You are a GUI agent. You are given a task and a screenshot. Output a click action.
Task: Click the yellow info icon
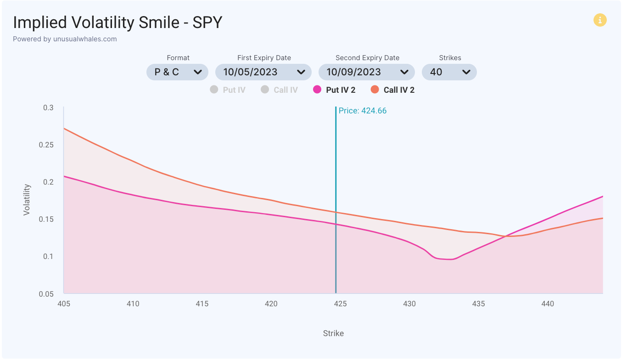click(600, 20)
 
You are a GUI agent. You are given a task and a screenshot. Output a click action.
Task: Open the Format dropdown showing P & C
click(177, 72)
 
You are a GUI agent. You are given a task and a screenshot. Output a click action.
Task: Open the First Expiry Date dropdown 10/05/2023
click(263, 72)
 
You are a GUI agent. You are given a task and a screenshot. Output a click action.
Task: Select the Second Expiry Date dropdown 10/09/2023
click(367, 72)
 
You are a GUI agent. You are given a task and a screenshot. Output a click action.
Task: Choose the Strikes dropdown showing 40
click(449, 72)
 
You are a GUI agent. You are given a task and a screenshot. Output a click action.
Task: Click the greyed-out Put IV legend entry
click(228, 90)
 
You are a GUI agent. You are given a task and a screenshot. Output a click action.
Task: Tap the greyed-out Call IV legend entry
click(279, 90)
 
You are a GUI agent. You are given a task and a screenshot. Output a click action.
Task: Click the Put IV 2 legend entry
click(334, 90)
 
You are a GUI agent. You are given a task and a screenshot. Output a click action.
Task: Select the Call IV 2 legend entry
click(392, 90)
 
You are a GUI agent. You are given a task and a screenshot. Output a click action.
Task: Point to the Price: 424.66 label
click(363, 111)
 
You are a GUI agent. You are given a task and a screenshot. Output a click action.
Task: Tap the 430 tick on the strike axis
click(409, 304)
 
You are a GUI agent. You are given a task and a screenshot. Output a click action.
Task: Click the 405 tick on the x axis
click(64, 304)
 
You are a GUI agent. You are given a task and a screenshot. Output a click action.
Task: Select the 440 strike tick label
click(548, 304)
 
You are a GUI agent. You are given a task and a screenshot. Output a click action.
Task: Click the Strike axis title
click(333, 333)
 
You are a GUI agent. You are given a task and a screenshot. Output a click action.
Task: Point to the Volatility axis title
click(27, 200)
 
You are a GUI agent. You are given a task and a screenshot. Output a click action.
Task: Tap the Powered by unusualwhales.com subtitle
click(65, 39)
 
